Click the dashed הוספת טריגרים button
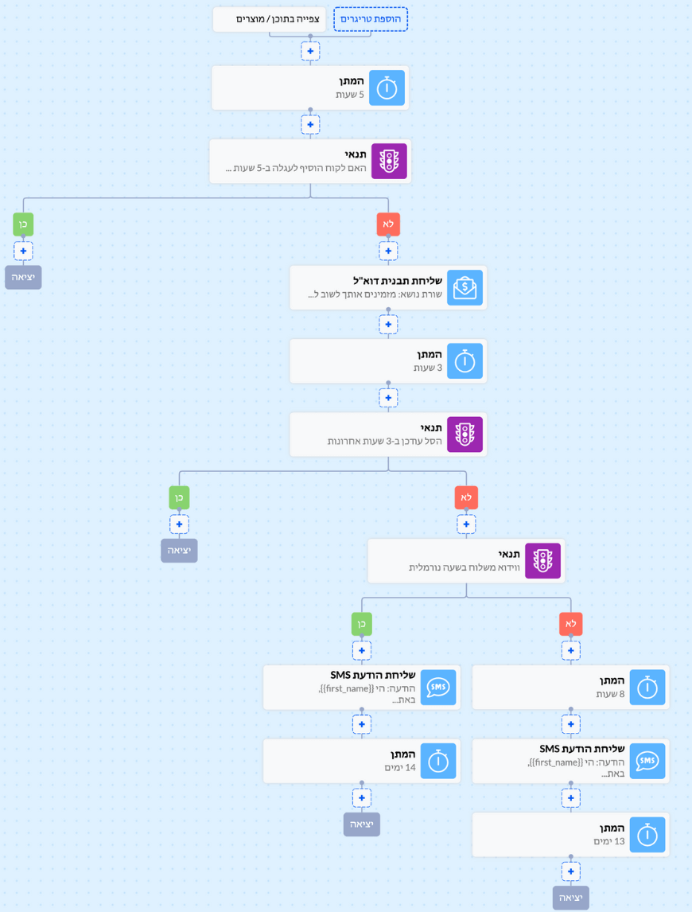371,19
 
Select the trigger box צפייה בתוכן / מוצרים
270,19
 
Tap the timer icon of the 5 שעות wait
387,88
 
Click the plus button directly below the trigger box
310,51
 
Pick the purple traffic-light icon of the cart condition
389,161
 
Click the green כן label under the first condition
23,224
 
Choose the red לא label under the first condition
388,224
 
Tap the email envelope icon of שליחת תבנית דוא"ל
465,287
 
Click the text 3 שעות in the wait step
427,368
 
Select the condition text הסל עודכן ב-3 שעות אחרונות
384,441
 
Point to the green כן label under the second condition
179,497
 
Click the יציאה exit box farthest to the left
23,278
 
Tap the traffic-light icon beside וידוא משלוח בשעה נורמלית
542,561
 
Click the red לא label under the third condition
571,623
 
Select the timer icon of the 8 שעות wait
647,688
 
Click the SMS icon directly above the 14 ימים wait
438,688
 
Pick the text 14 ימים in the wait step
400,768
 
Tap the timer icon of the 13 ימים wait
647,836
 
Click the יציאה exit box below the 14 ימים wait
362,824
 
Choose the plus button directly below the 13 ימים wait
571,871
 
